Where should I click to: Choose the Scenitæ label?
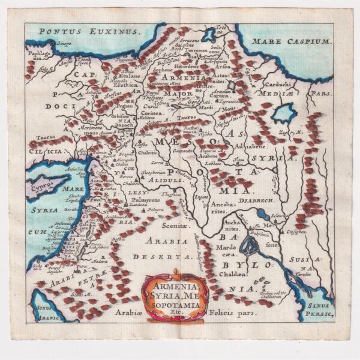[178, 226]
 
